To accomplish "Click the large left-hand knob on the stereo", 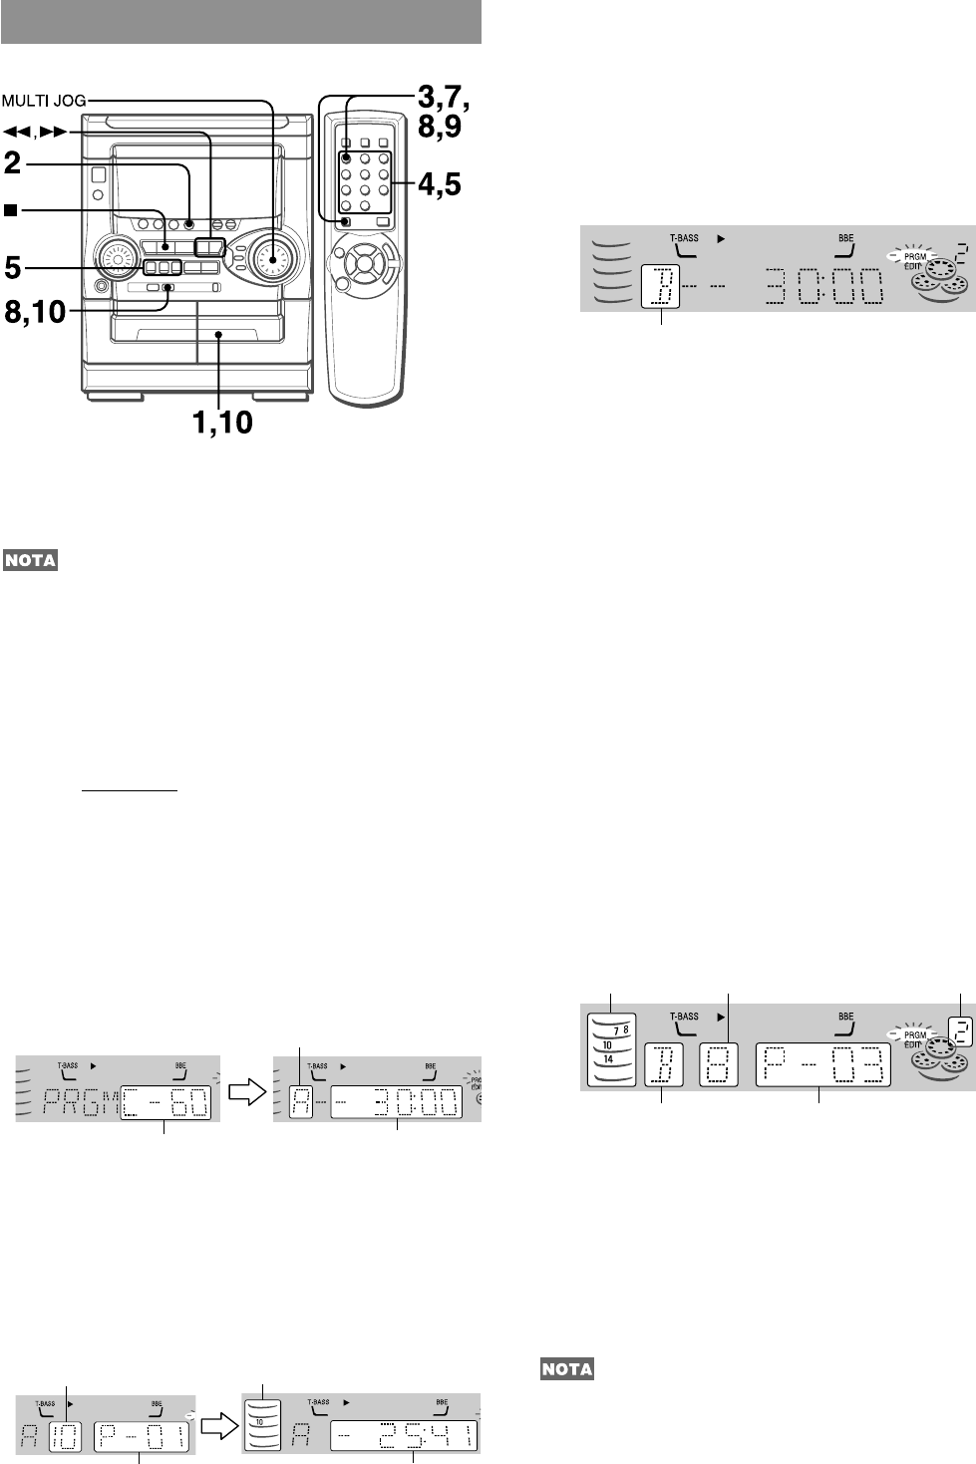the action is [x=118, y=259].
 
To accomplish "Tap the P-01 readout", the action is [x=139, y=1436].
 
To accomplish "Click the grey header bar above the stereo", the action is [x=241, y=22].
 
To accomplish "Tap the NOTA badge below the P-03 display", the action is [x=566, y=1369].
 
